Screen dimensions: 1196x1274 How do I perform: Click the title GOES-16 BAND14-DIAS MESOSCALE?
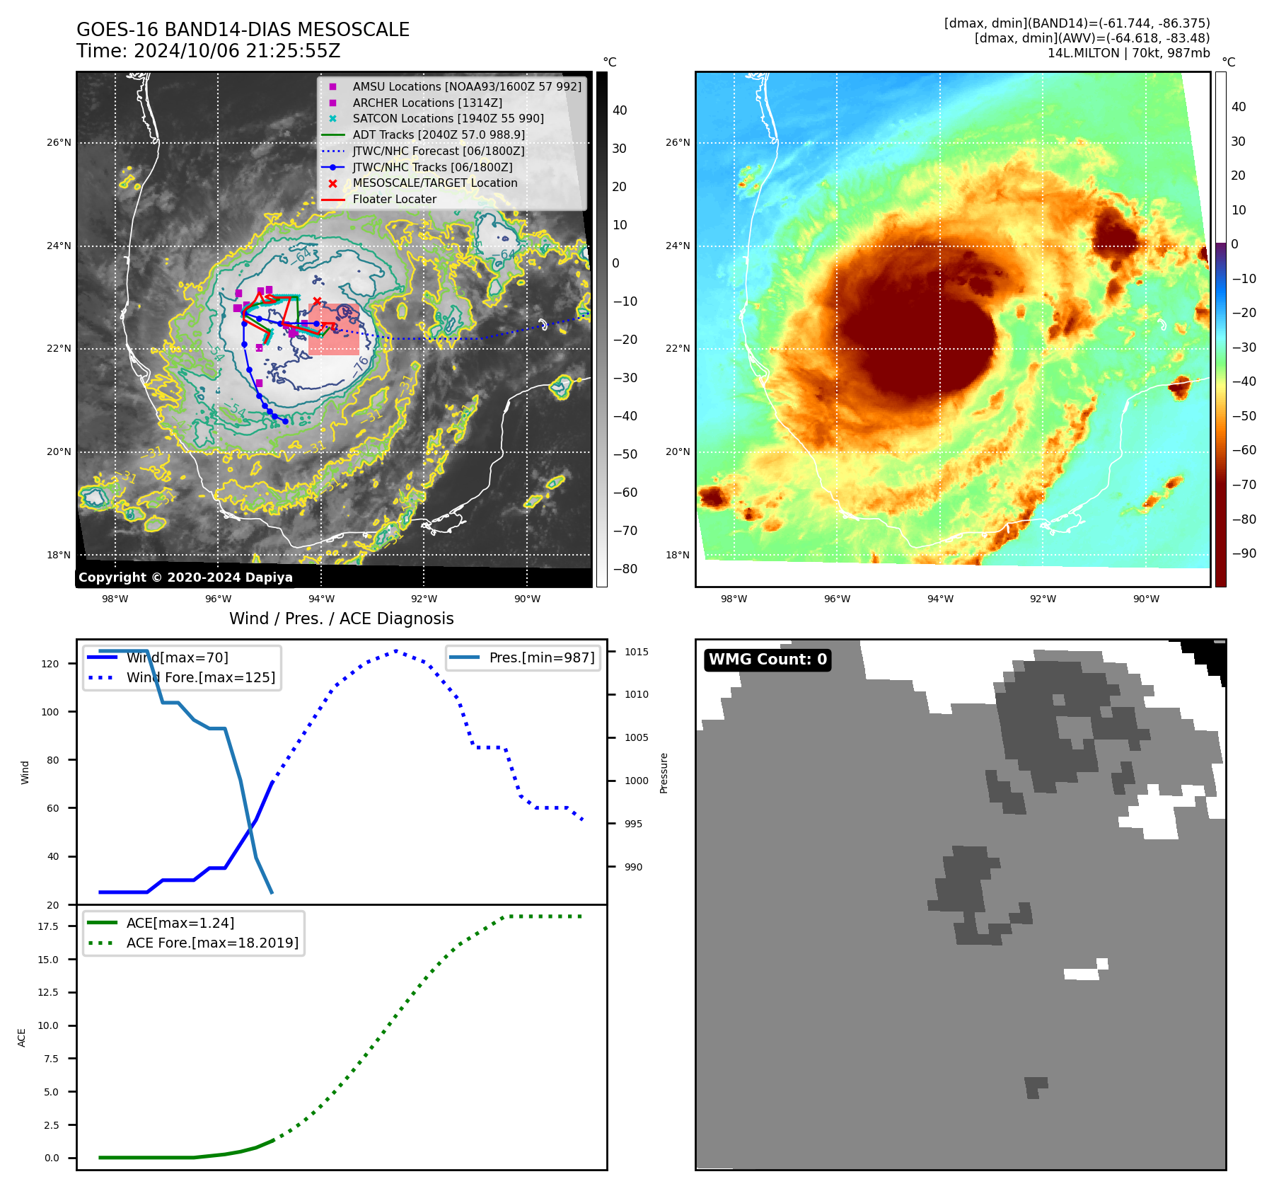(243, 30)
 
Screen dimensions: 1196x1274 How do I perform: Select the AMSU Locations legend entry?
(467, 86)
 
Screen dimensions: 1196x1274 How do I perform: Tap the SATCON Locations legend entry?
(448, 119)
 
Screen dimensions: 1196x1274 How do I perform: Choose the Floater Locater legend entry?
(394, 200)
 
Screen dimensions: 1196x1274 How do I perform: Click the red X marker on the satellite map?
(317, 301)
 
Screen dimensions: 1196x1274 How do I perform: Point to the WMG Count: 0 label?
(768, 660)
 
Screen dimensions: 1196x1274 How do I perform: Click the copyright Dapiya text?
(185, 577)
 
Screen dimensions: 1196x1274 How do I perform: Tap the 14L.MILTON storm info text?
(1128, 53)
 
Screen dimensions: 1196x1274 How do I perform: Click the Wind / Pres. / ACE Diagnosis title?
(341, 619)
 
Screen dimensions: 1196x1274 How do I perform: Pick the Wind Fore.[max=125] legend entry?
(200, 677)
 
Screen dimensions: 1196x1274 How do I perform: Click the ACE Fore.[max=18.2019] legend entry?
(212, 943)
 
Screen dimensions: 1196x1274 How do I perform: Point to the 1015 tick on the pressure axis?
(636, 652)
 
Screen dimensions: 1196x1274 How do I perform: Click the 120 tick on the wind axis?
(50, 664)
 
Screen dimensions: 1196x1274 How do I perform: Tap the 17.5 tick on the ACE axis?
(48, 926)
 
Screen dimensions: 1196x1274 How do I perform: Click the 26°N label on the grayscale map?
(59, 143)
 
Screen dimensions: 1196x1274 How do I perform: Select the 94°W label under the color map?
(940, 599)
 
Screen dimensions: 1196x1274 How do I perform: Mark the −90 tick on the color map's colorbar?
(1244, 553)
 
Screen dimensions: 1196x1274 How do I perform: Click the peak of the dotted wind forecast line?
(396, 650)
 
